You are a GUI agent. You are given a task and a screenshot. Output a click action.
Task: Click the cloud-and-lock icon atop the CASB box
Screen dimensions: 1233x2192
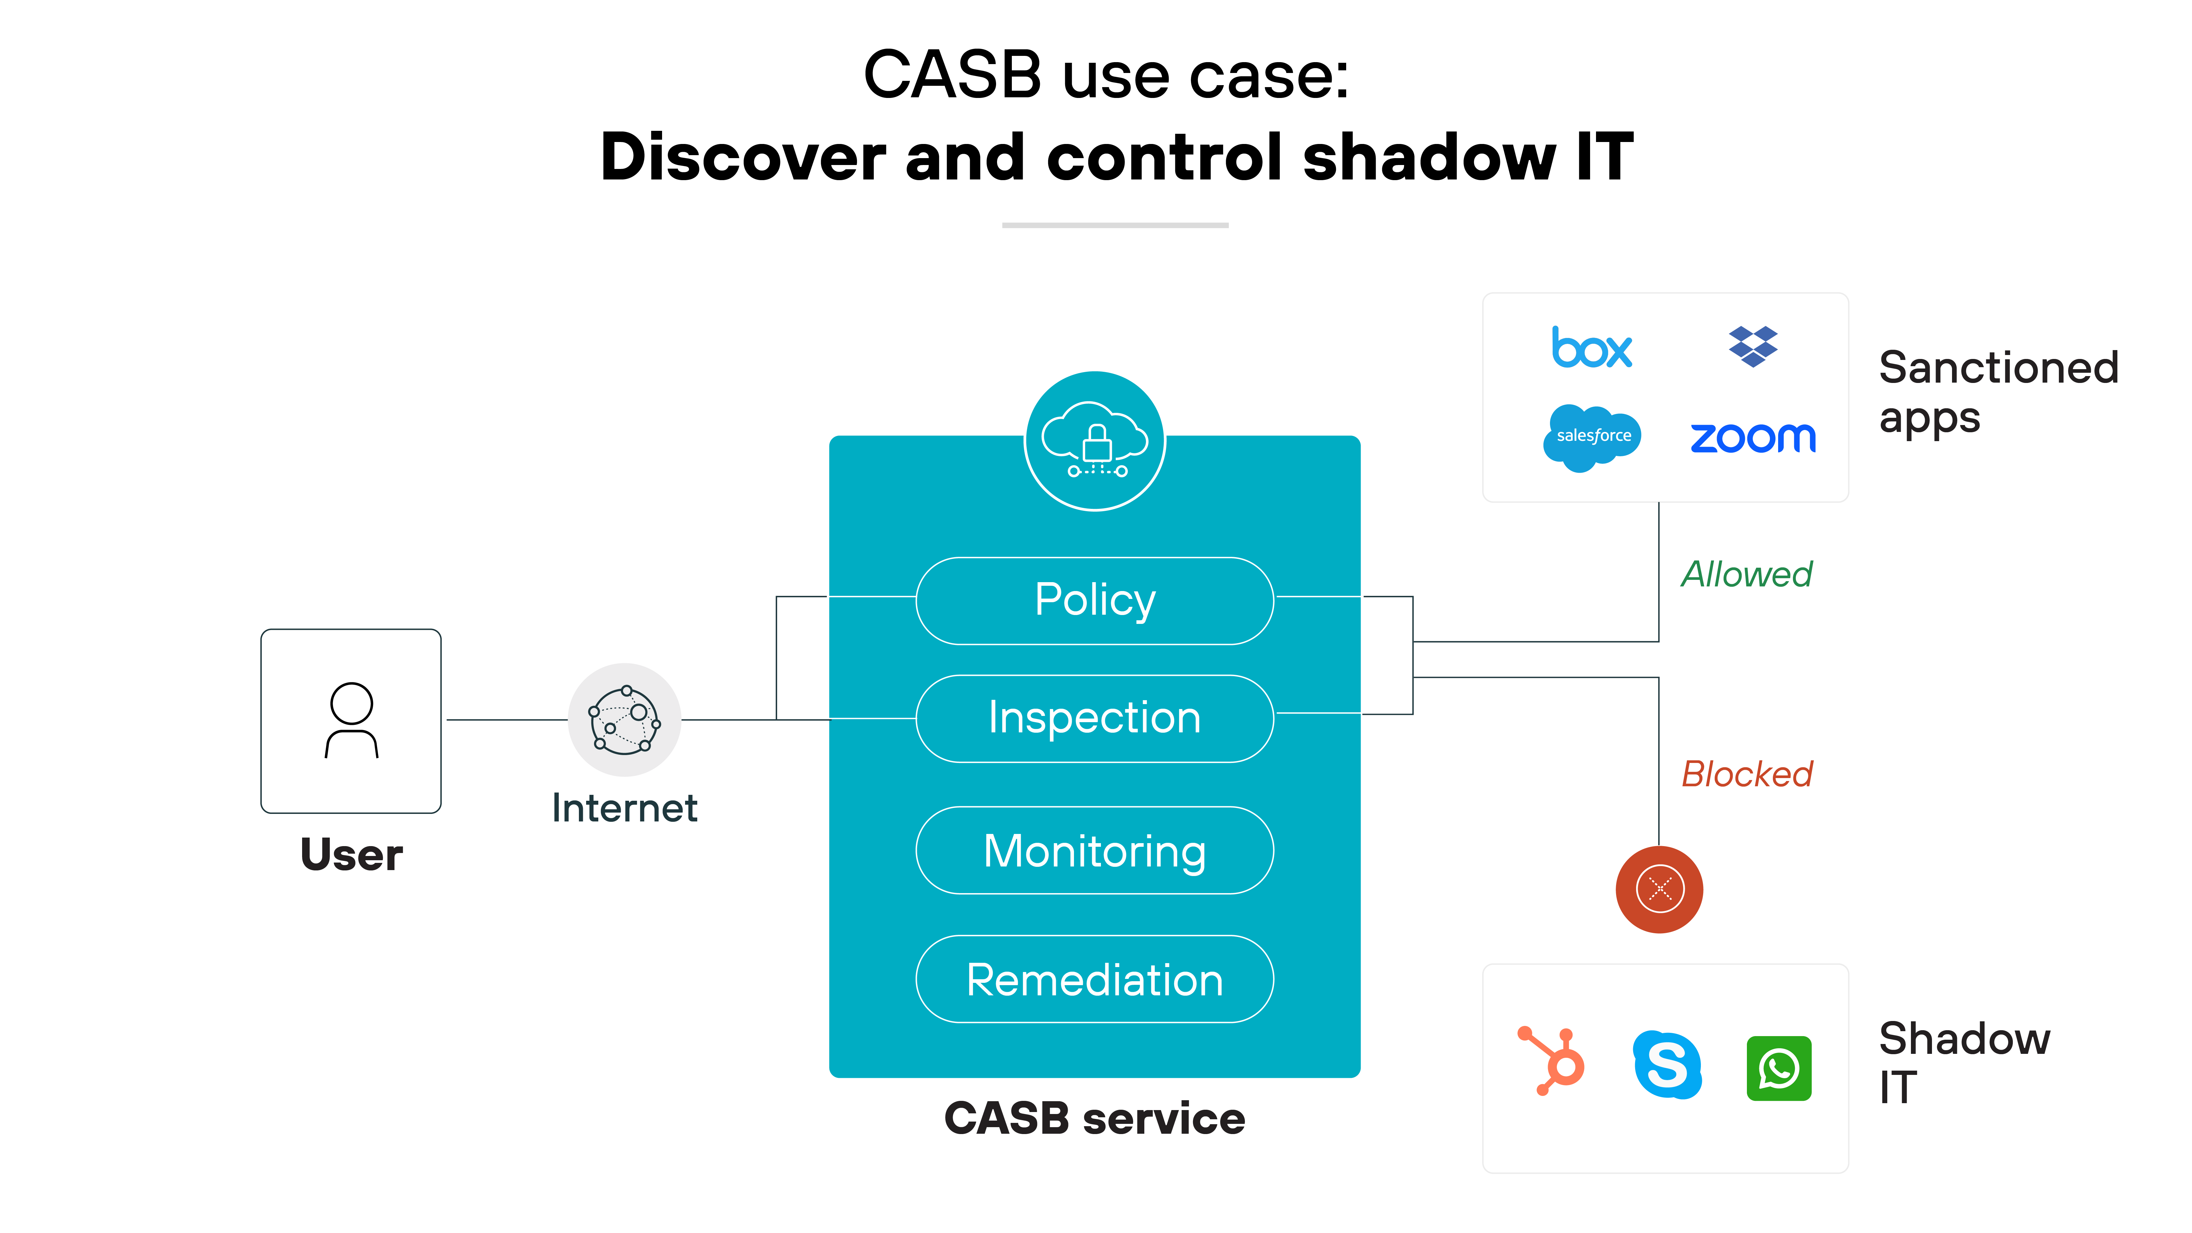[x=1095, y=441]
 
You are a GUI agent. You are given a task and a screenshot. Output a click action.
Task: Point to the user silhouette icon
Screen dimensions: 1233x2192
[x=351, y=720]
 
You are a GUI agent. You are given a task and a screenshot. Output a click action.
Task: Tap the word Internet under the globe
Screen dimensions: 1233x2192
[x=625, y=808]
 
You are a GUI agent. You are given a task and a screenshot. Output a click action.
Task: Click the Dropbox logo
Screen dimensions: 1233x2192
[x=1753, y=346]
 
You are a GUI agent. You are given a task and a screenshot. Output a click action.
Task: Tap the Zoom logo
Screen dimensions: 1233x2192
[x=1753, y=438]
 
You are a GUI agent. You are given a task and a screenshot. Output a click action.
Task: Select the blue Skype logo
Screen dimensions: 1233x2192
[x=1667, y=1064]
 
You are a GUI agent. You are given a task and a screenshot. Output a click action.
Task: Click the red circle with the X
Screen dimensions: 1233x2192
[x=1659, y=889]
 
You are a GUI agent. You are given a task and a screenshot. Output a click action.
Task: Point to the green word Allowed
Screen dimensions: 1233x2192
[x=1747, y=574]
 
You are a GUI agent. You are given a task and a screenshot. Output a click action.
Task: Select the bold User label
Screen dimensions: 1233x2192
[x=351, y=854]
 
